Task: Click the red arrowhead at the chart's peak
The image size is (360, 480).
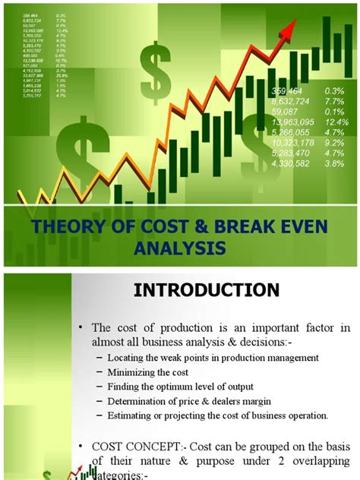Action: tap(289, 30)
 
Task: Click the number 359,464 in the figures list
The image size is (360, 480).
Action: tap(289, 90)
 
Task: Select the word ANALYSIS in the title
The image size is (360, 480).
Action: tap(180, 248)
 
